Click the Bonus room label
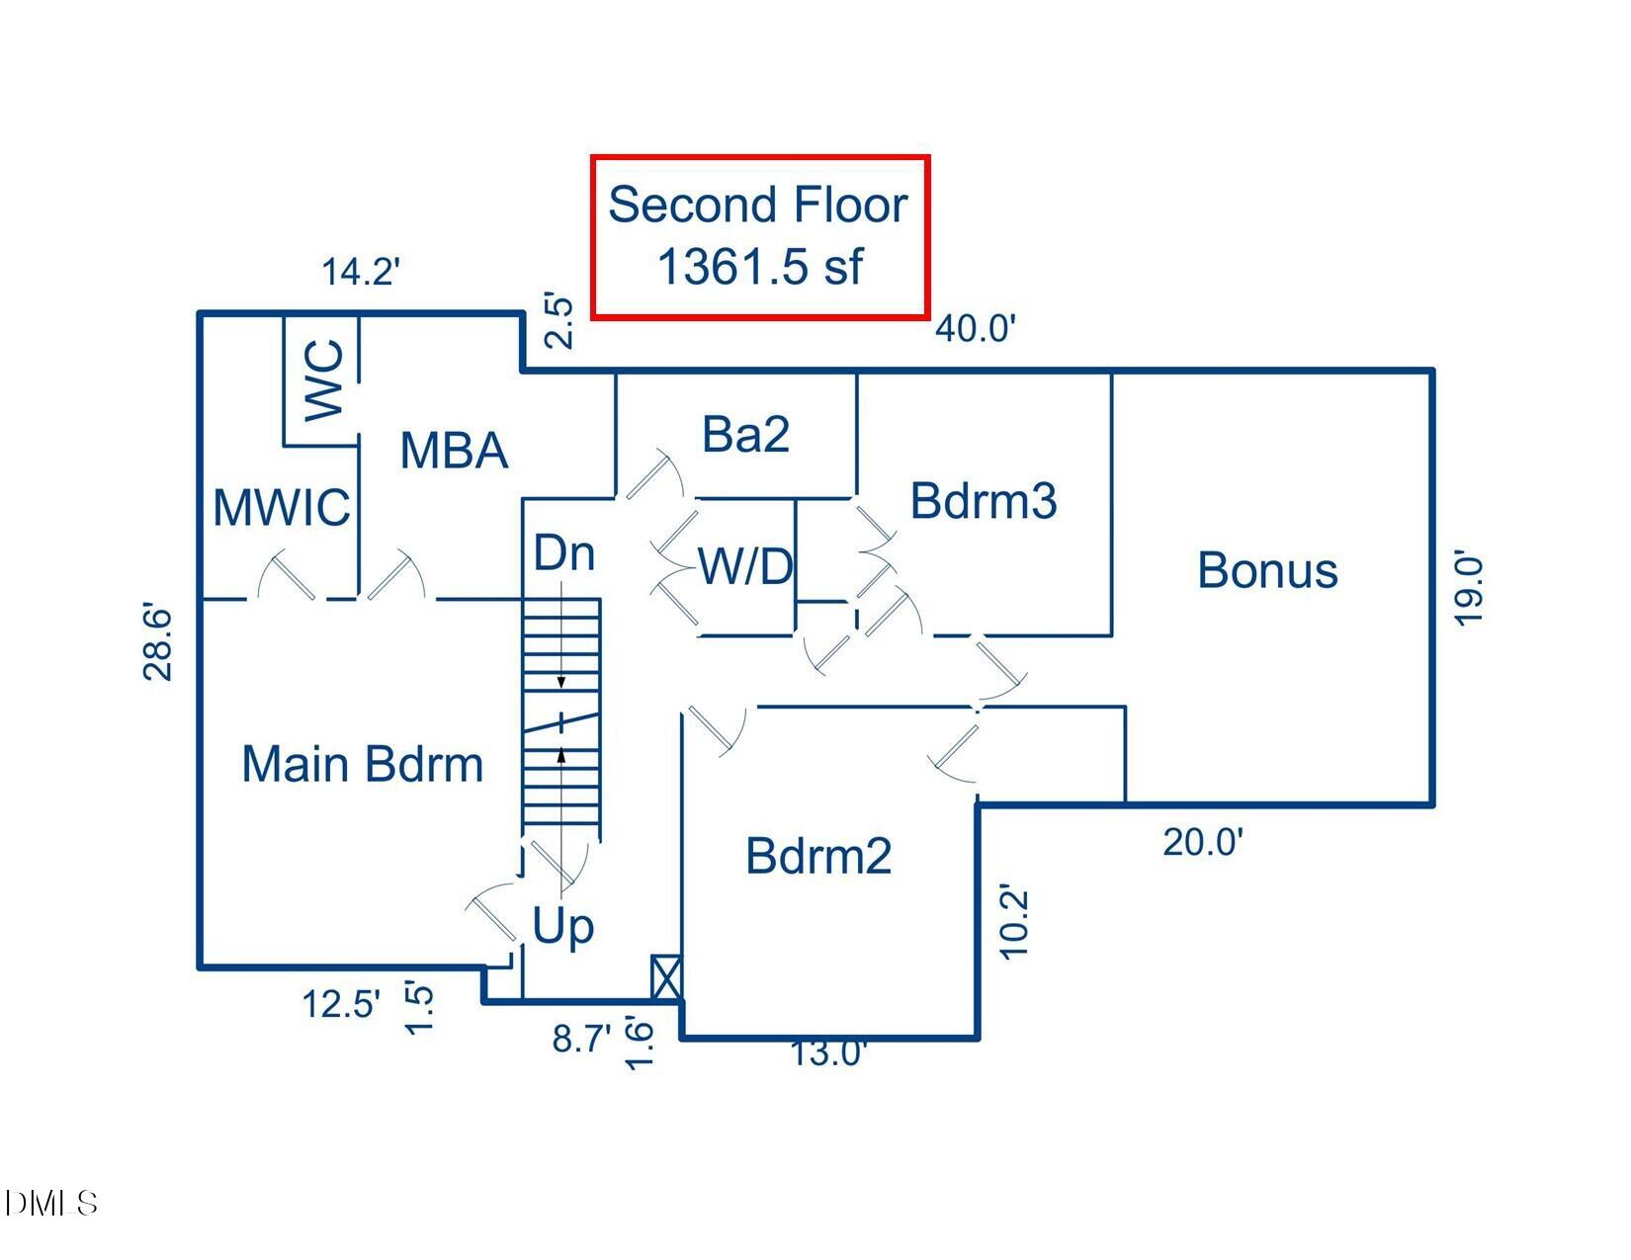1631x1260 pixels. click(1267, 571)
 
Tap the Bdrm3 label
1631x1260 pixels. click(984, 500)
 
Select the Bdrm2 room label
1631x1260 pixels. click(818, 856)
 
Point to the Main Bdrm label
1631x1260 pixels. click(363, 765)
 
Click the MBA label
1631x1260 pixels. click(454, 451)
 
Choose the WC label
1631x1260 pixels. click(325, 380)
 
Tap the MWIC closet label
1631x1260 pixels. click(282, 508)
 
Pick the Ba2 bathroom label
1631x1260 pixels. click(745, 434)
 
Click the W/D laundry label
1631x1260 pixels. click(746, 567)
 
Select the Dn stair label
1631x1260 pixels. click(564, 553)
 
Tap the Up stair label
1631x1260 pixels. click(563, 927)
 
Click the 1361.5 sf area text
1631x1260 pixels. click(759, 267)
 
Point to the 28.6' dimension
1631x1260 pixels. click(159, 642)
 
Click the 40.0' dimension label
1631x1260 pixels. click(976, 328)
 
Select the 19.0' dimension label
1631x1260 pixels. click(1470, 590)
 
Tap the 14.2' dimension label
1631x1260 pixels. click(361, 271)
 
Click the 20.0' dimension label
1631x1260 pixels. click(1203, 843)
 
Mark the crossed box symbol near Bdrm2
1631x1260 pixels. click(666, 977)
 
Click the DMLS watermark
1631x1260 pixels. click(51, 1203)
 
